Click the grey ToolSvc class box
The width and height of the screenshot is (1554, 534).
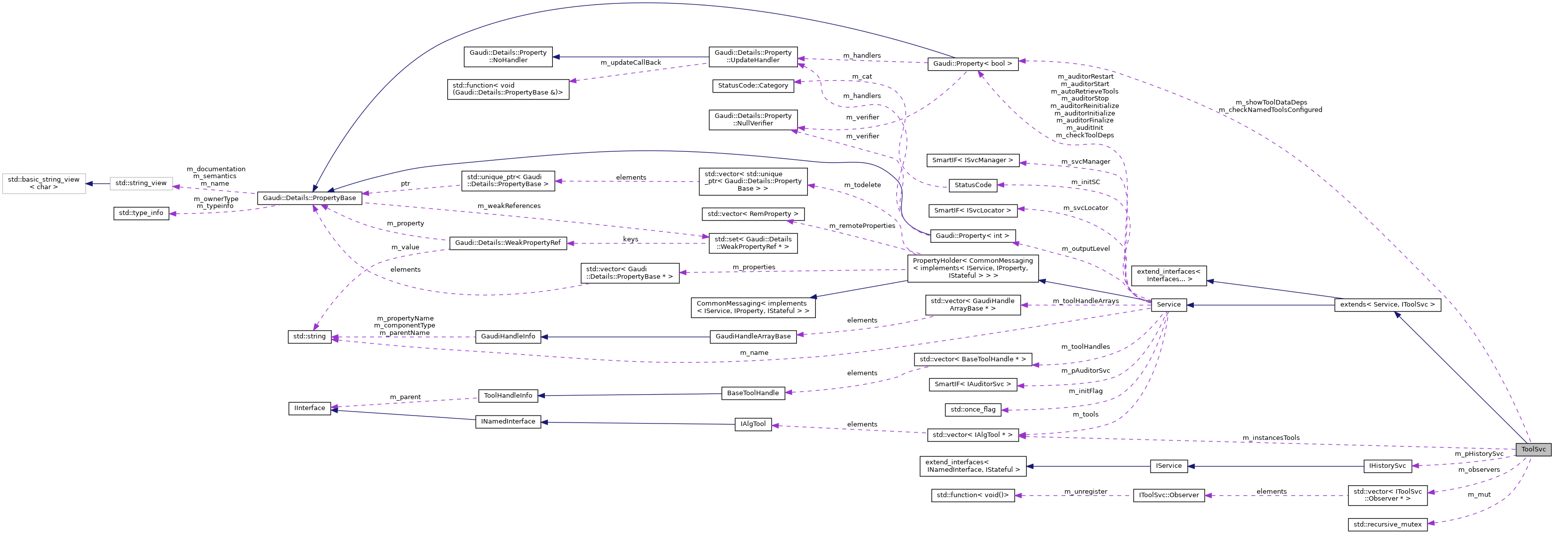click(1533, 449)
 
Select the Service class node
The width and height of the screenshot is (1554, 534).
click(1168, 305)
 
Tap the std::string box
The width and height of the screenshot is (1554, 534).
click(309, 337)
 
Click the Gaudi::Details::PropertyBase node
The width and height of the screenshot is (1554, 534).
click(309, 198)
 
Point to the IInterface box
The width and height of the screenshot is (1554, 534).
click(309, 409)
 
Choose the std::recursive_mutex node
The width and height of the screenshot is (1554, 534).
click(1388, 525)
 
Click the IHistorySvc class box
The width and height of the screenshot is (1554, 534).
click(1388, 466)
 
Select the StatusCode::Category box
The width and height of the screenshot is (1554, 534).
click(753, 86)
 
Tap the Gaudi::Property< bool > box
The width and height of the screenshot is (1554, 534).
click(972, 64)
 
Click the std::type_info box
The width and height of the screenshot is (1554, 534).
click(141, 214)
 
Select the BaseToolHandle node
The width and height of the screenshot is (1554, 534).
click(753, 394)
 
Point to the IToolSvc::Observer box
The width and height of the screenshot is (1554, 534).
click(1168, 495)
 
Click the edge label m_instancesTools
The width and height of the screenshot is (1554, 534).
click(1271, 438)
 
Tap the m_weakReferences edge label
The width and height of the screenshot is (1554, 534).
click(509, 206)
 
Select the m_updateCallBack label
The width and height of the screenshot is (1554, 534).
click(631, 63)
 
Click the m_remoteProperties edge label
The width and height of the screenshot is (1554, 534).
click(862, 226)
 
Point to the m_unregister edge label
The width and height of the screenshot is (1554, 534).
click(1085, 492)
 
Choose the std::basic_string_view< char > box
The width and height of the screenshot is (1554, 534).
click(43, 183)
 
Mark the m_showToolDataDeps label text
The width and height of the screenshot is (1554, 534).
click(1270, 103)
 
